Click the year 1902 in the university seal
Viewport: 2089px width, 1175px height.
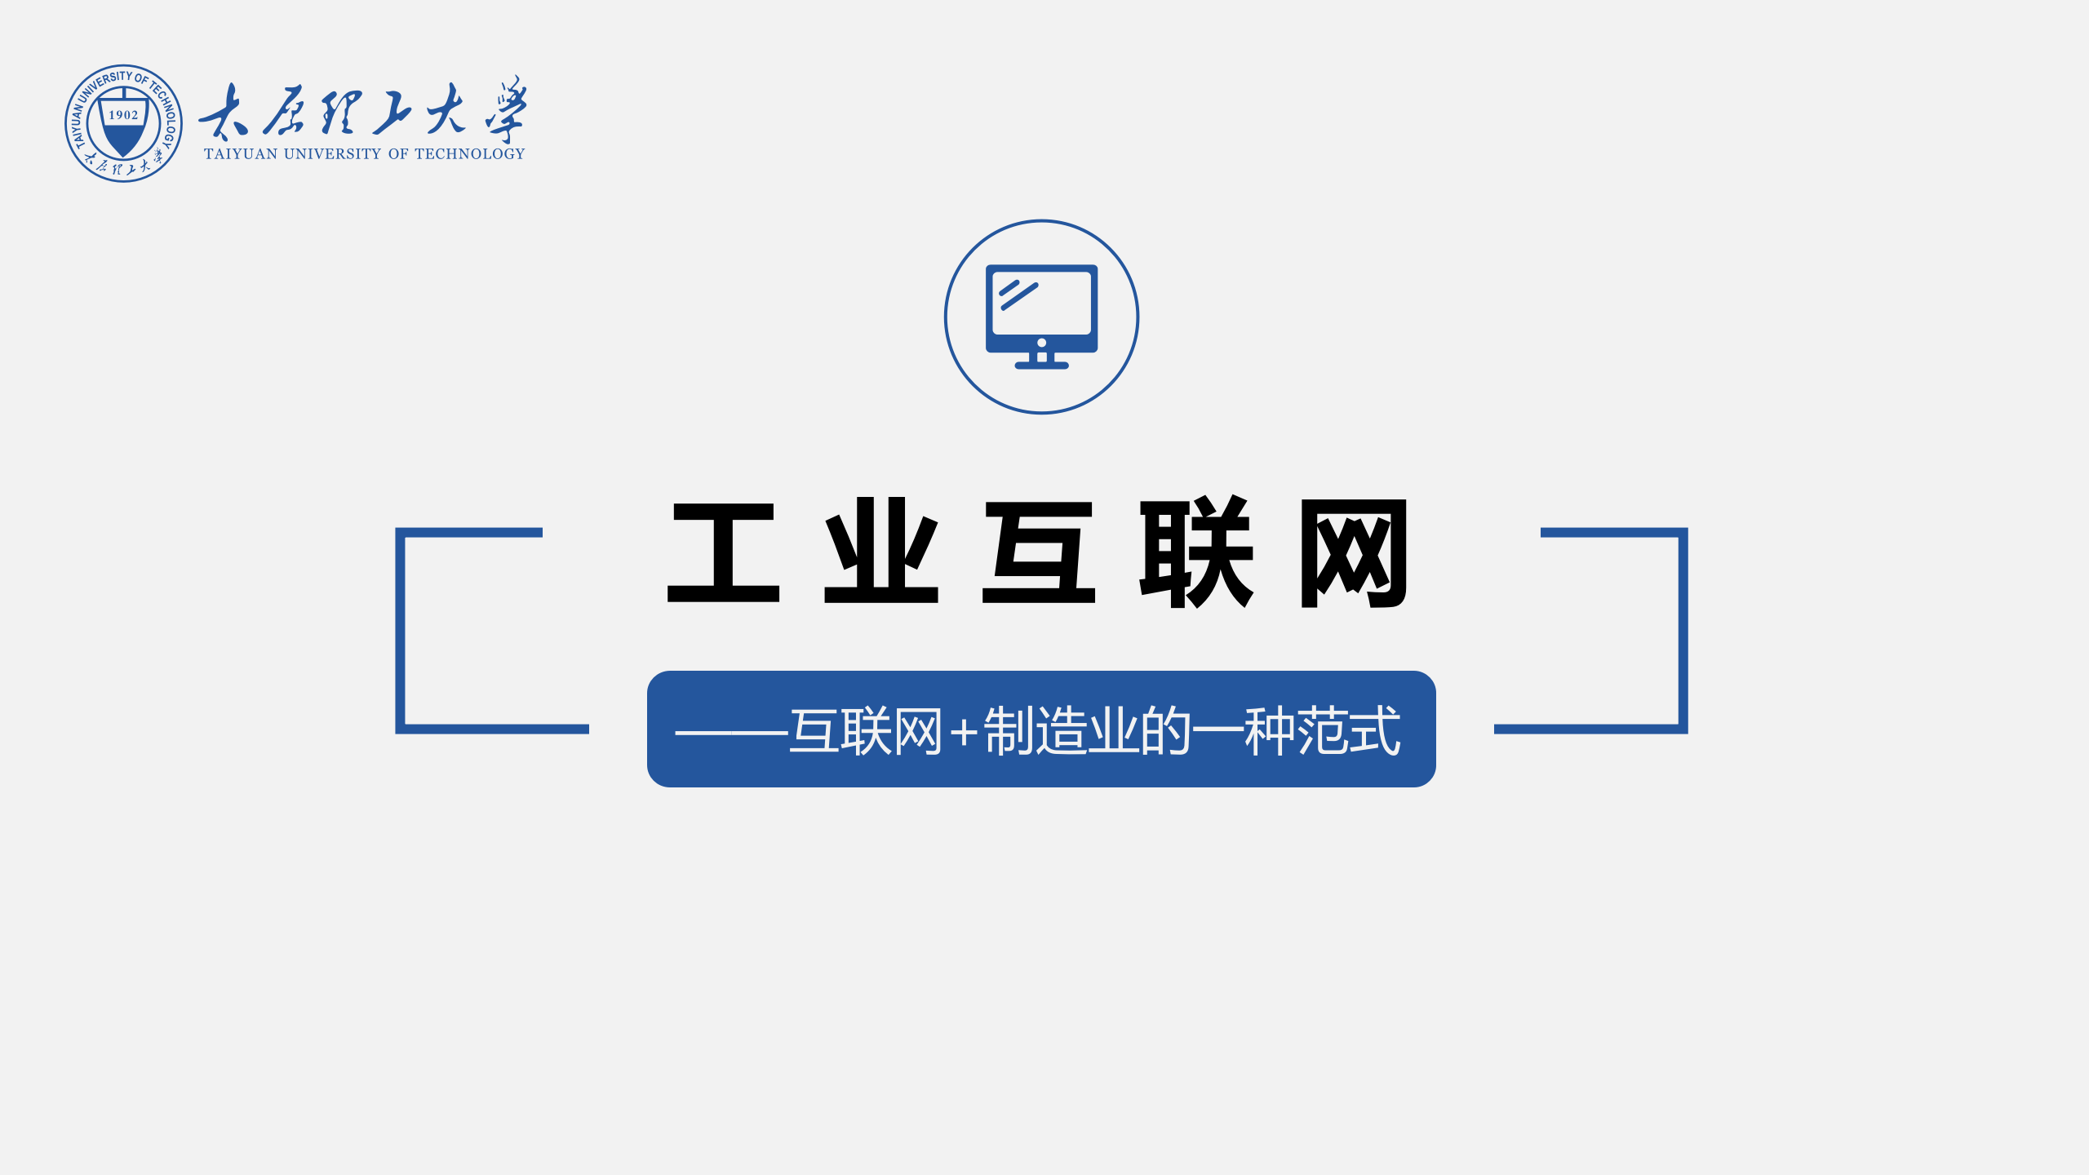tap(123, 115)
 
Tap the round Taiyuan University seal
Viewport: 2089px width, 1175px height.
tap(123, 123)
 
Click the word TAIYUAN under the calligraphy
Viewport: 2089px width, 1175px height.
tap(241, 154)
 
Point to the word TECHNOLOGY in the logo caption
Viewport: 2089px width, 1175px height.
tap(469, 154)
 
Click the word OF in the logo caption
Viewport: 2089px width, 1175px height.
tap(398, 154)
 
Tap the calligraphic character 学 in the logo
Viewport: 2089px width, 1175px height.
tap(506, 110)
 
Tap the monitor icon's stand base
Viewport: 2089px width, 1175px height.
tap(1041, 365)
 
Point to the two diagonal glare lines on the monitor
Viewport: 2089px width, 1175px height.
tap(1018, 295)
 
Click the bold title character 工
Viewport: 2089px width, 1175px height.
tap(724, 552)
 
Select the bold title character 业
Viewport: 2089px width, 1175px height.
tap(881, 552)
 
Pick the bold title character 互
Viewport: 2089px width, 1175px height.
tap(1039, 552)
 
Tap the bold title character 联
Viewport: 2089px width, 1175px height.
tap(1196, 552)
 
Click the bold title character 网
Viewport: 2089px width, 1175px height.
tap(1354, 552)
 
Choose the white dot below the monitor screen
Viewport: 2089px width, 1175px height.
tap(1041, 343)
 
